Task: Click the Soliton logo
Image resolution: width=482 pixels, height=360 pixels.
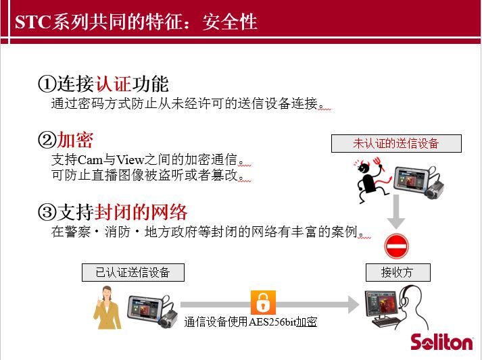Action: tap(441, 342)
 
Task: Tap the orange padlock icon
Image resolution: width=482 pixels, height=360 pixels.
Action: tap(263, 303)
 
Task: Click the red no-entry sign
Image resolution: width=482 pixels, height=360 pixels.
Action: tap(397, 246)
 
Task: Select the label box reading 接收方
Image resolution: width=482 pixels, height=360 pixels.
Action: tap(397, 272)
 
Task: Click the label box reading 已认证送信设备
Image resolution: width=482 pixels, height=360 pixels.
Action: tap(133, 272)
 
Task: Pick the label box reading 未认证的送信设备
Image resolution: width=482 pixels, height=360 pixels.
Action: tap(396, 143)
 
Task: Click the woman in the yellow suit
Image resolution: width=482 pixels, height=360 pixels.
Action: tap(107, 307)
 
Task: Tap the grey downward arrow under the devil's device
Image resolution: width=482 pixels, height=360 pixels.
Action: tap(396, 212)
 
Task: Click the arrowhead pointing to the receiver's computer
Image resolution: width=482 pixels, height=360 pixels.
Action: tap(353, 305)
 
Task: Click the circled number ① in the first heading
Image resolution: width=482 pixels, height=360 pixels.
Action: tap(47, 84)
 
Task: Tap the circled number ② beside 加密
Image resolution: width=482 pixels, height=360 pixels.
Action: tap(47, 140)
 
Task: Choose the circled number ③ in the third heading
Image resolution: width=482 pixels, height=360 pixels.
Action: tap(47, 212)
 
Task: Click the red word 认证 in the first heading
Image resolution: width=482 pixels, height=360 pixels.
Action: tap(113, 84)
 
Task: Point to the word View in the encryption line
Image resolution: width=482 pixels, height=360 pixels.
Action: tap(130, 159)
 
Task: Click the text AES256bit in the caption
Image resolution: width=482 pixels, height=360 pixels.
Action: tap(272, 322)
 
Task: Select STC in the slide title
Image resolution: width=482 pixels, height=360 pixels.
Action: tap(32, 22)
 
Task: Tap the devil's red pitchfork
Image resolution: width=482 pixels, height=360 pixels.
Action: tap(379, 163)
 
